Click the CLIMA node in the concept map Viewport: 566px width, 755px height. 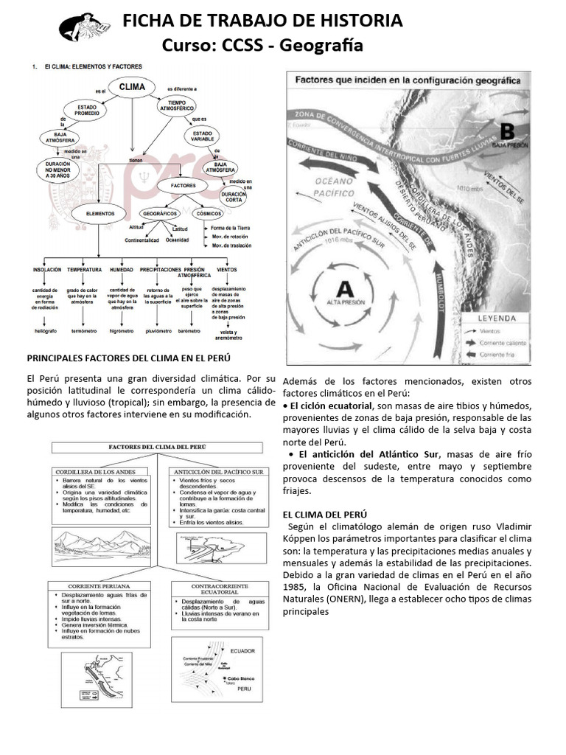131,86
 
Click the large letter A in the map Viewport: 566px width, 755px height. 345,289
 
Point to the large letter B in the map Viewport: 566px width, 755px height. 507,131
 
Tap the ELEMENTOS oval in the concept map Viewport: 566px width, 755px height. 101,213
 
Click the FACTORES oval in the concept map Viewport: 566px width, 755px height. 182,185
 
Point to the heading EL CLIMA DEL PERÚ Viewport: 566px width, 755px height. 324,513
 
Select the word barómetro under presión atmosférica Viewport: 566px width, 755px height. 189,331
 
